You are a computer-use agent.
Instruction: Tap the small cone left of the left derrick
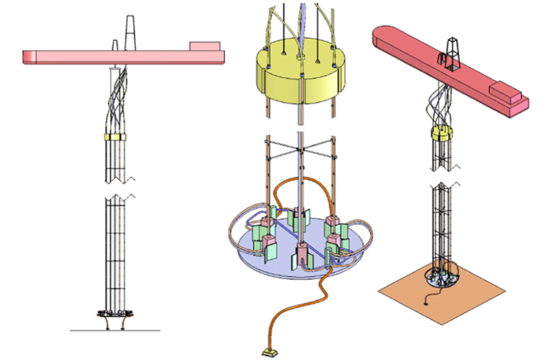click(x=116, y=44)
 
